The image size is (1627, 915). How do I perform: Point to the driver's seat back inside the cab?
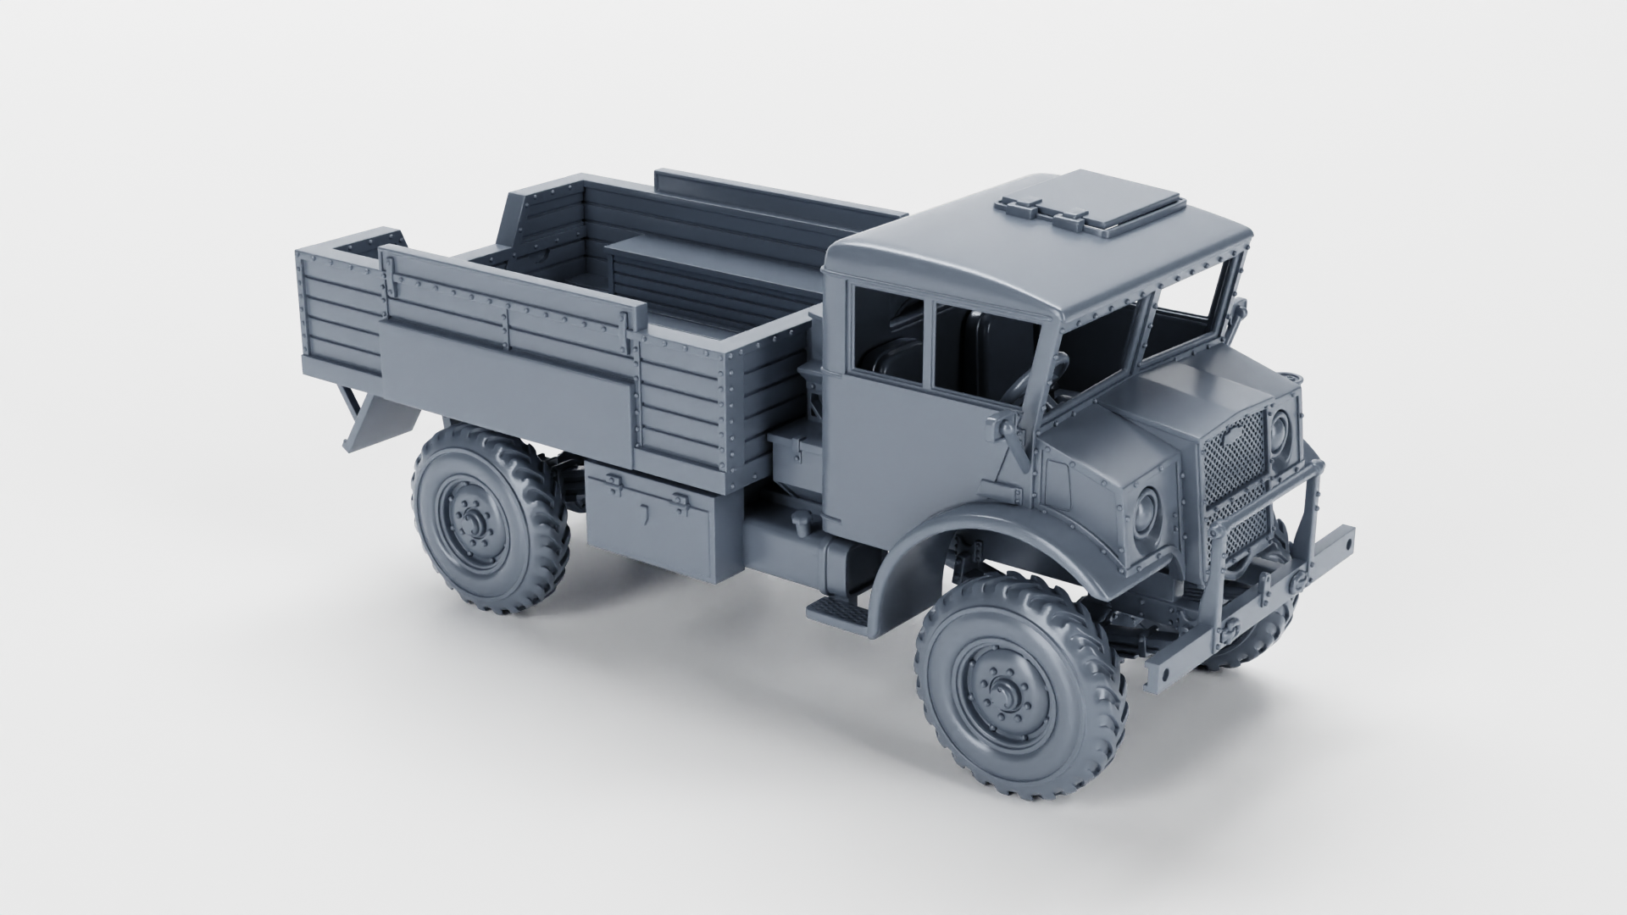pos(987,343)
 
